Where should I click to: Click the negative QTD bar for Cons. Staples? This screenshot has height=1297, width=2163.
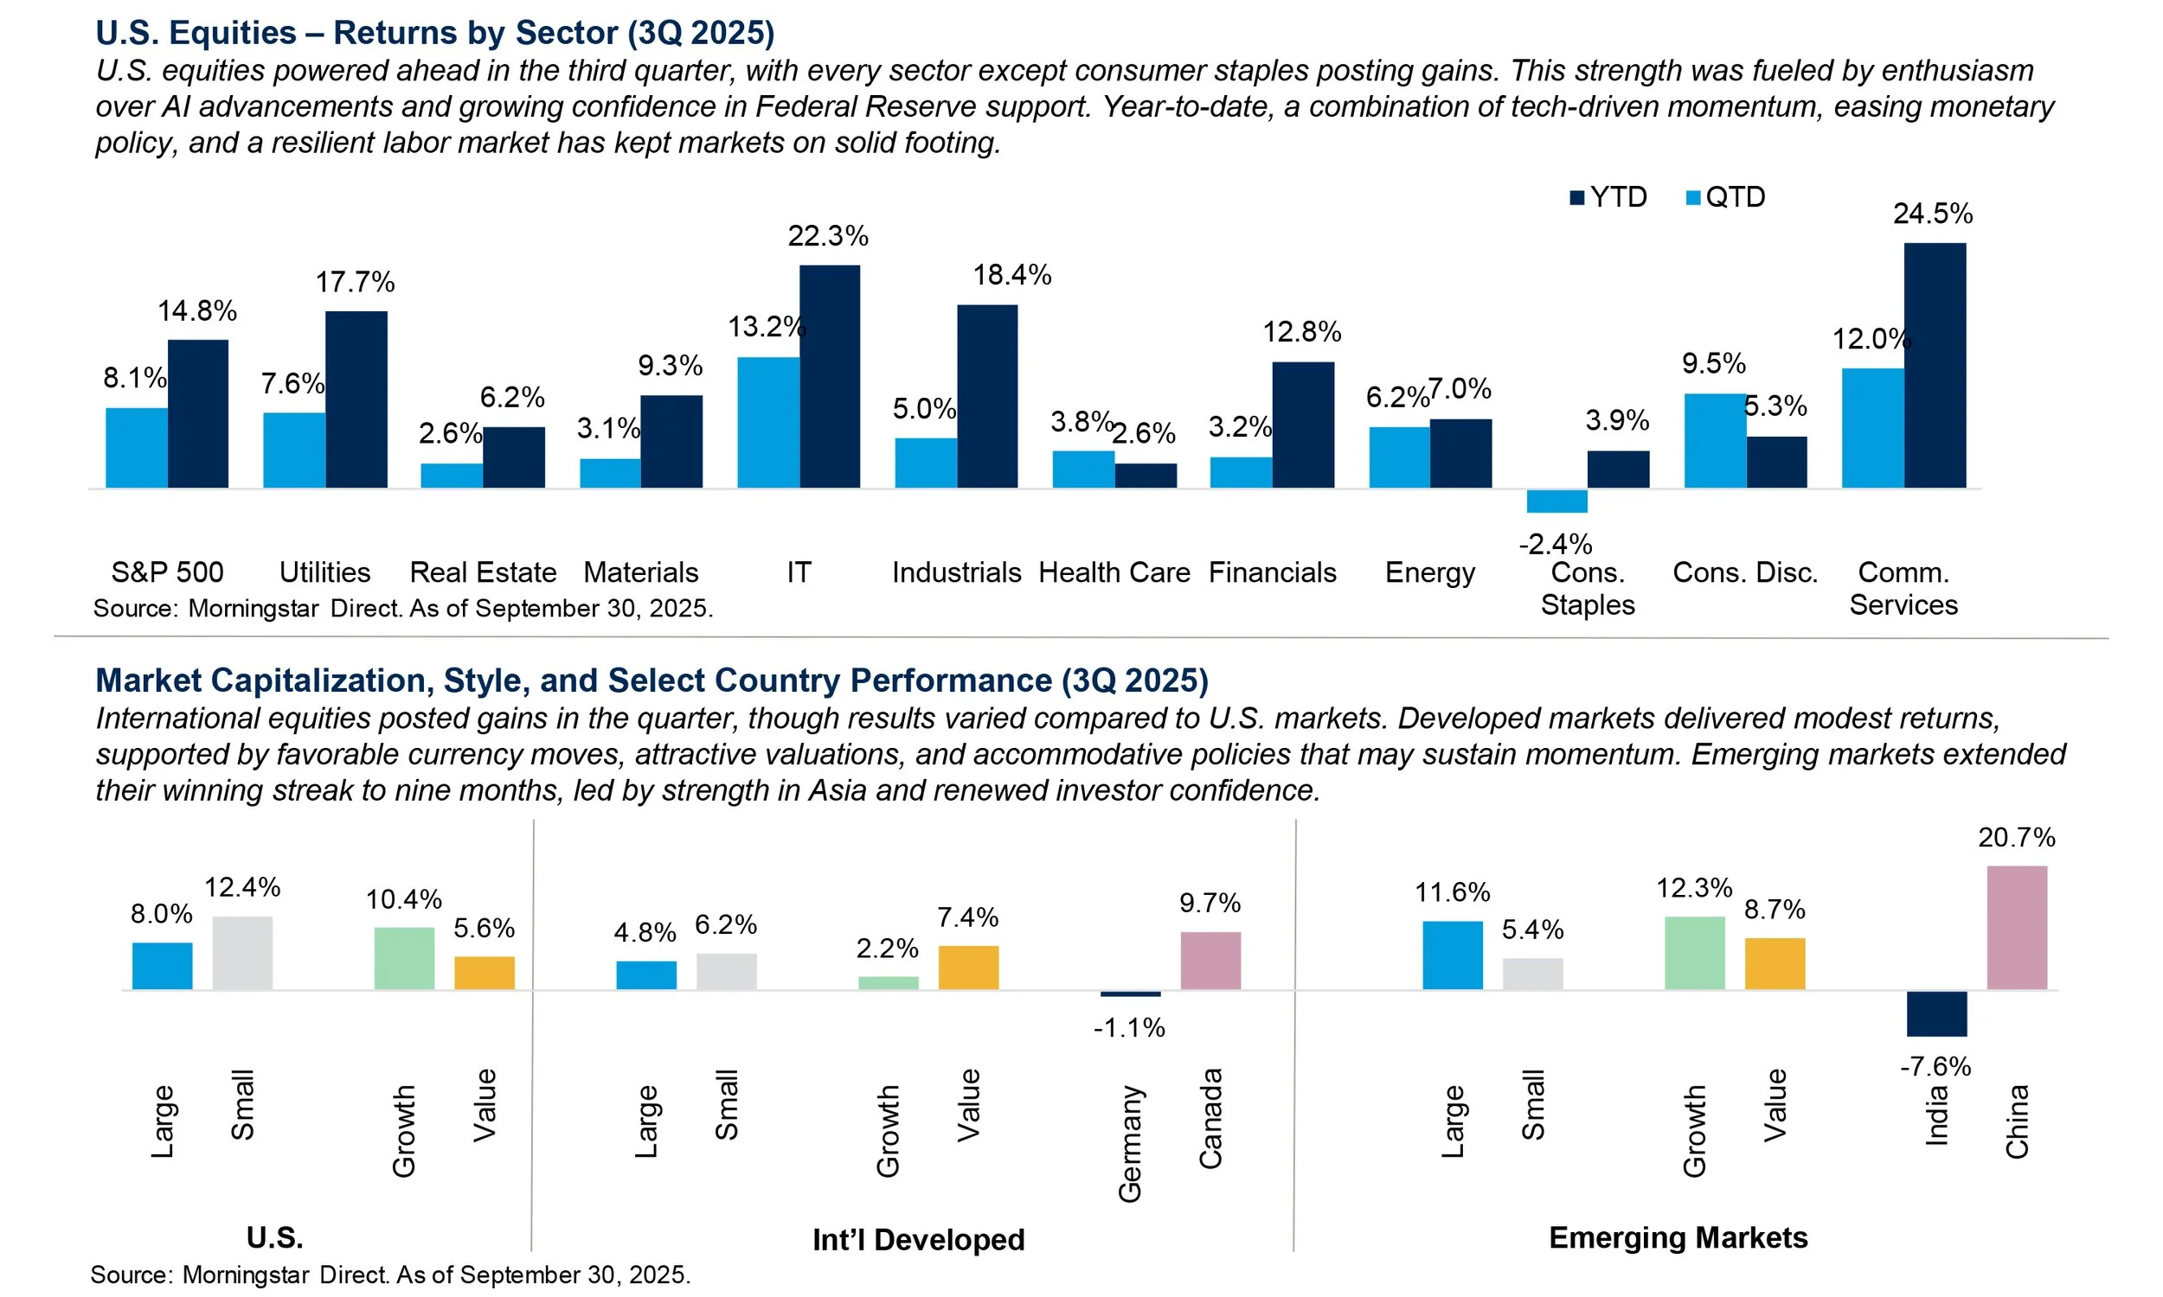point(1556,501)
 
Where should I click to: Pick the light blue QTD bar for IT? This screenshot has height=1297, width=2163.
point(767,422)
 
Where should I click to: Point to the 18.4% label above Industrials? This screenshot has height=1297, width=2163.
point(1011,275)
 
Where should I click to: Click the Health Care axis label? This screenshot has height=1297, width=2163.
point(1114,572)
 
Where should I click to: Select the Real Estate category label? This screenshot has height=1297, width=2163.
point(483,572)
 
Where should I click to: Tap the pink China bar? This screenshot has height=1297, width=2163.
point(2016,928)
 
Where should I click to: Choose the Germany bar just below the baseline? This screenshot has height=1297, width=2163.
point(1130,994)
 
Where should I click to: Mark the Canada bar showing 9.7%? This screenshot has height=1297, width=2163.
point(1210,961)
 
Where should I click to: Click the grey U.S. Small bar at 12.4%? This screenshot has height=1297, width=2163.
point(242,953)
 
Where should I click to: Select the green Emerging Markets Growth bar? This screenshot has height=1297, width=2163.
point(1693,953)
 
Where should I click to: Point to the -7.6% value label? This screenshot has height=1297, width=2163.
point(1935,1066)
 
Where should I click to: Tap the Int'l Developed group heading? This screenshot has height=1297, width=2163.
point(918,1239)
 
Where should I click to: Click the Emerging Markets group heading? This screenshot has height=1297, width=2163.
point(1678,1237)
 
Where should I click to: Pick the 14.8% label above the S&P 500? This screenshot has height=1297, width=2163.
point(196,311)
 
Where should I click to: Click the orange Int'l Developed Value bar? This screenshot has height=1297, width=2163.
point(968,968)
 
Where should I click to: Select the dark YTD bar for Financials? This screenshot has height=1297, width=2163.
point(1303,425)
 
